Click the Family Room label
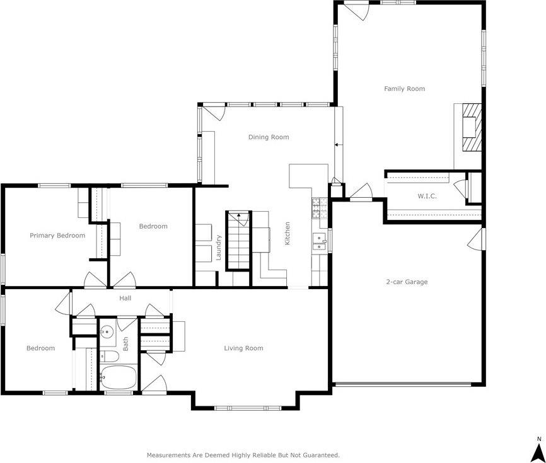(404, 89)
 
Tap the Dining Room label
(269, 137)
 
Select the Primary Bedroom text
(57, 236)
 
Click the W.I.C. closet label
(427, 196)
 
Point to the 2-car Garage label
(407, 282)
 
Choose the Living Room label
(243, 348)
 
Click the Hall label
(125, 298)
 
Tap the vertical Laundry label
(219, 248)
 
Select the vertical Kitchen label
(288, 233)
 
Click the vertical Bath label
(125, 343)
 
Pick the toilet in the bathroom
(110, 356)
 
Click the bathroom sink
(107, 331)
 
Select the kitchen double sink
(320, 241)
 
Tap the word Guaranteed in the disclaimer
(319, 454)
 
